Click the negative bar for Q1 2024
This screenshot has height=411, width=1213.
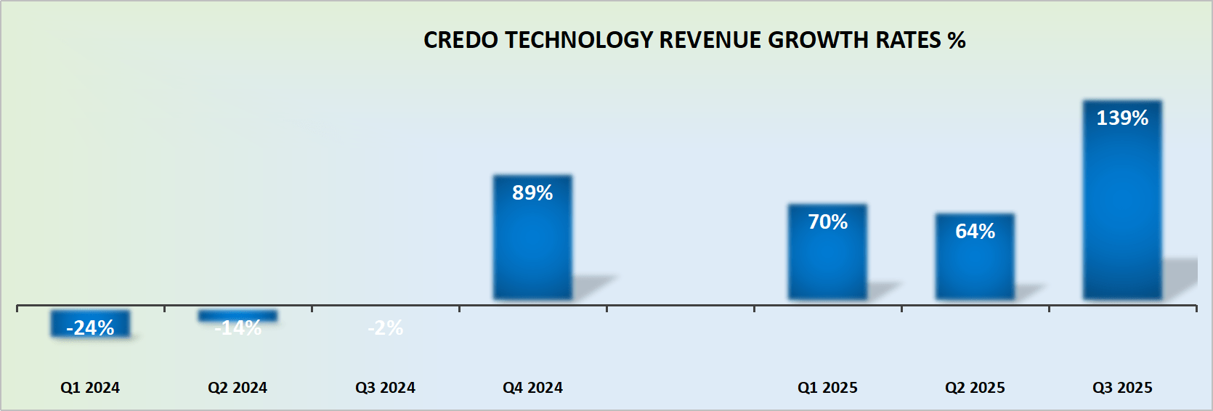coord(90,323)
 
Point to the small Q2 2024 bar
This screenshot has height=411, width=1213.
coord(238,315)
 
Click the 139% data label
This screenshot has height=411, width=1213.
coord(1122,118)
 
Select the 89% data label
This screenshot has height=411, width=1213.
coord(532,193)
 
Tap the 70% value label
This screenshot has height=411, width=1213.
coord(827,222)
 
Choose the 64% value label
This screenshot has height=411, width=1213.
coord(975,232)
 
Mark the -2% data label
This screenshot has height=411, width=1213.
coord(385,328)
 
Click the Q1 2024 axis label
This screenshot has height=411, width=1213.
coord(90,388)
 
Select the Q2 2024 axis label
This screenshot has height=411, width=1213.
coord(238,388)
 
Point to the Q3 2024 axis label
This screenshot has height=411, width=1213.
coord(385,388)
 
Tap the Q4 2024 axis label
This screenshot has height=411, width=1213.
coord(532,388)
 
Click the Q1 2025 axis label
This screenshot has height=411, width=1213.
coord(827,388)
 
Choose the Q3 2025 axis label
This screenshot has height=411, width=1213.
coord(1122,388)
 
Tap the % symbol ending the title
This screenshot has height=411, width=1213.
coord(957,40)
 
